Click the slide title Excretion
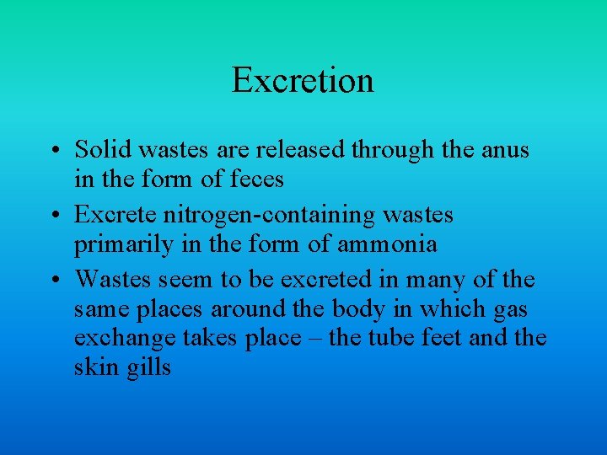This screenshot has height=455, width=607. click(x=303, y=81)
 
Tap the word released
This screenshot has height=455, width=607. click(x=295, y=150)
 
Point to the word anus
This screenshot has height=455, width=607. click(x=505, y=151)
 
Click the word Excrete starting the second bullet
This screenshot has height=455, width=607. click(x=110, y=215)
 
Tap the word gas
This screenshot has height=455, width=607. click(x=510, y=310)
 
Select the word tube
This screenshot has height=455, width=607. click(x=398, y=338)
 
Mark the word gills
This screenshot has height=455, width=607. click(x=147, y=368)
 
